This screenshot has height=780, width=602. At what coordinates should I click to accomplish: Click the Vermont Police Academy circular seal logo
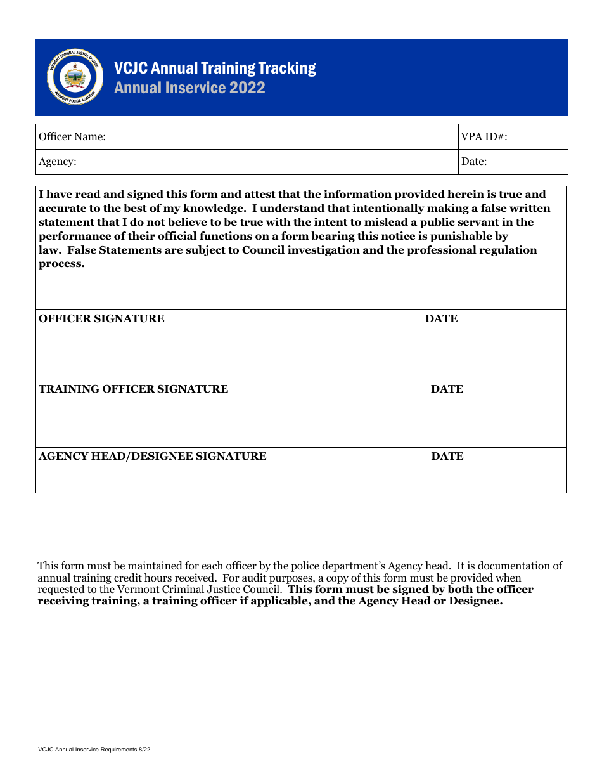click(75, 77)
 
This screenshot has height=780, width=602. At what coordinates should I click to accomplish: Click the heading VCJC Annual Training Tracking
click(215, 68)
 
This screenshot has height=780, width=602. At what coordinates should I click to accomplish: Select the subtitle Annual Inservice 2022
click(189, 88)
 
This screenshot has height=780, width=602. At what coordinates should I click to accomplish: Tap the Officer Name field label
click(72, 136)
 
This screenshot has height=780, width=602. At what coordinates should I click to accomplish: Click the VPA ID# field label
click(484, 136)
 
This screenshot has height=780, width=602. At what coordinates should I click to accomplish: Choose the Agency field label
click(58, 162)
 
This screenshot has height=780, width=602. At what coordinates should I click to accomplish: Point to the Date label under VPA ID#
click(474, 162)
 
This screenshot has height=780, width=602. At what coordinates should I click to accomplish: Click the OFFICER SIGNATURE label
click(101, 318)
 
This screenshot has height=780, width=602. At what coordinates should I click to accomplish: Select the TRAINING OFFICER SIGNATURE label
click(133, 389)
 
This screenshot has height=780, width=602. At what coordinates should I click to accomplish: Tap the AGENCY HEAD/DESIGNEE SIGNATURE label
click(152, 456)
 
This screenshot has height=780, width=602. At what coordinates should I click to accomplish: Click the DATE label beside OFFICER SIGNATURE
click(441, 318)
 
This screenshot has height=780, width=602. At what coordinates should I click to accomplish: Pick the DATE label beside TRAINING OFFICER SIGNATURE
click(447, 389)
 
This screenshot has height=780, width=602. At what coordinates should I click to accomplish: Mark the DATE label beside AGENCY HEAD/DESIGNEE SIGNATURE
click(447, 456)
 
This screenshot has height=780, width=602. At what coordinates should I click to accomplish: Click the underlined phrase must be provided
click(451, 578)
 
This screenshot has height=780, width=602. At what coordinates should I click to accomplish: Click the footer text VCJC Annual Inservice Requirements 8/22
click(94, 750)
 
